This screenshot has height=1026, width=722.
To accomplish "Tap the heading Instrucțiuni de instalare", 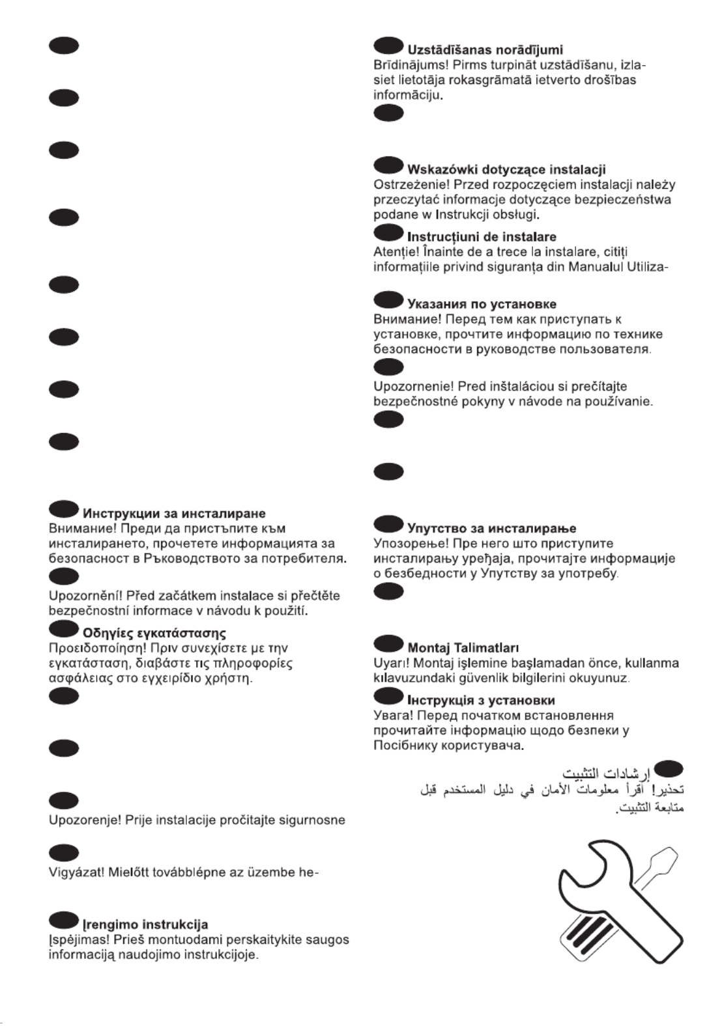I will [482, 236].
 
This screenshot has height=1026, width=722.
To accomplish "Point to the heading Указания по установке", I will [482, 304].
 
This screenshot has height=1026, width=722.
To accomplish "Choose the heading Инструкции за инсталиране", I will [174, 514].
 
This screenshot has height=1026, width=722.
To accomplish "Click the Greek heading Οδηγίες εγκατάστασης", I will [154, 633].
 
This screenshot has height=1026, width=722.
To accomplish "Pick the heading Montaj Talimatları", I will [463, 648].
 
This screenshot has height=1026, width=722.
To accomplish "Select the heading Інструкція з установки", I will [481, 700].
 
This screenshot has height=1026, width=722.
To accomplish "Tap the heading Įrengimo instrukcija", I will [145, 924].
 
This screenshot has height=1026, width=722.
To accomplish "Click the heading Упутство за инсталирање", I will [491, 528].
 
